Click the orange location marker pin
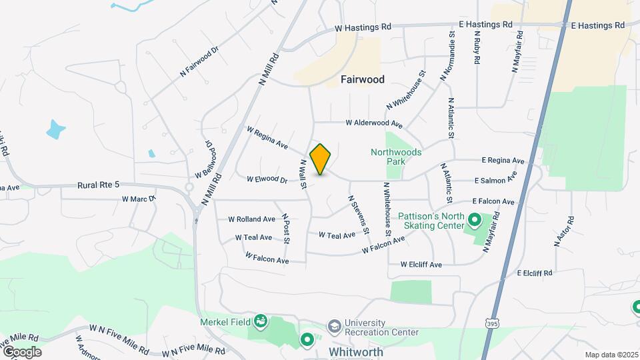321,159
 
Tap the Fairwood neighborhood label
362,79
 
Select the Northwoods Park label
396,157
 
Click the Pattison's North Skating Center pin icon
474,219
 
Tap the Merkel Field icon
261,322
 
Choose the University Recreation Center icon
333,326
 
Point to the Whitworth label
356,351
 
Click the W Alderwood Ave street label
373,123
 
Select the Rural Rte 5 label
98,185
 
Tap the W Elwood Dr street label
267,179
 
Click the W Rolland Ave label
251,219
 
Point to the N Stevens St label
358,214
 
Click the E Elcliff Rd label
534,273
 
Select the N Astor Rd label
563,231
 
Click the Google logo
21,352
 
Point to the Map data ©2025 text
611,355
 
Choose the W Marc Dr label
138,199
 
